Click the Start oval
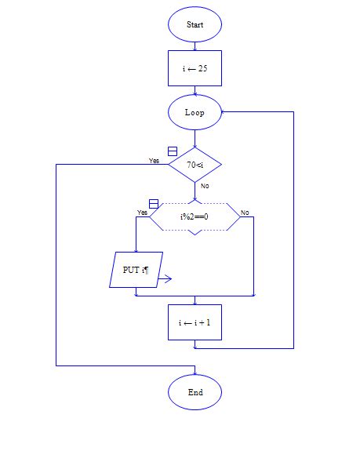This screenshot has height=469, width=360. click(x=195, y=25)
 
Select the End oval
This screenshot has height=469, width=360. click(x=195, y=391)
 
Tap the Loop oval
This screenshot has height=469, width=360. click(x=195, y=112)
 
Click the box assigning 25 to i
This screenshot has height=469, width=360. click(x=195, y=68)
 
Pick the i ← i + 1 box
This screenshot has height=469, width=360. click(x=195, y=322)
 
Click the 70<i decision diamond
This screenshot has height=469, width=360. click(x=195, y=165)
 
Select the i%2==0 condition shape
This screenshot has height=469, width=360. click(x=195, y=216)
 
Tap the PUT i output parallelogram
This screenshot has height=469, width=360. click(x=136, y=270)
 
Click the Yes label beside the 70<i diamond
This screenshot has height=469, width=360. click(x=154, y=161)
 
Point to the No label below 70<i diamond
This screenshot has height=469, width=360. click(x=205, y=186)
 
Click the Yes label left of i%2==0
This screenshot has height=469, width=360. click(x=142, y=213)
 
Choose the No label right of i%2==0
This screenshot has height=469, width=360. click(x=245, y=213)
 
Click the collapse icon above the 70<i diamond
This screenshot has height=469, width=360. click(x=173, y=151)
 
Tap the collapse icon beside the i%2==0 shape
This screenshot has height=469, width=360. click(x=154, y=204)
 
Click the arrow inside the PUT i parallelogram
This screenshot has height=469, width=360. click(x=164, y=278)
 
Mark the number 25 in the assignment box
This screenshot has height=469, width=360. click(x=202, y=69)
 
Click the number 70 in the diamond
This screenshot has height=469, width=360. click(x=191, y=165)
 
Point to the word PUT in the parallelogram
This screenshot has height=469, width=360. click(x=131, y=270)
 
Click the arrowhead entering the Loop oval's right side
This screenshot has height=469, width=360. click(x=224, y=112)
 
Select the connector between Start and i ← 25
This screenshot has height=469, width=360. click(x=195, y=45)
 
